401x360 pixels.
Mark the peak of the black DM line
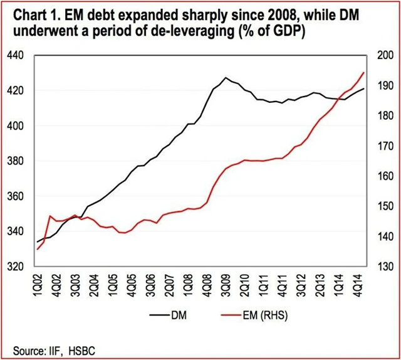click(226, 78)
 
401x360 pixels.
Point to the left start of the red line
click(37, 249)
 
